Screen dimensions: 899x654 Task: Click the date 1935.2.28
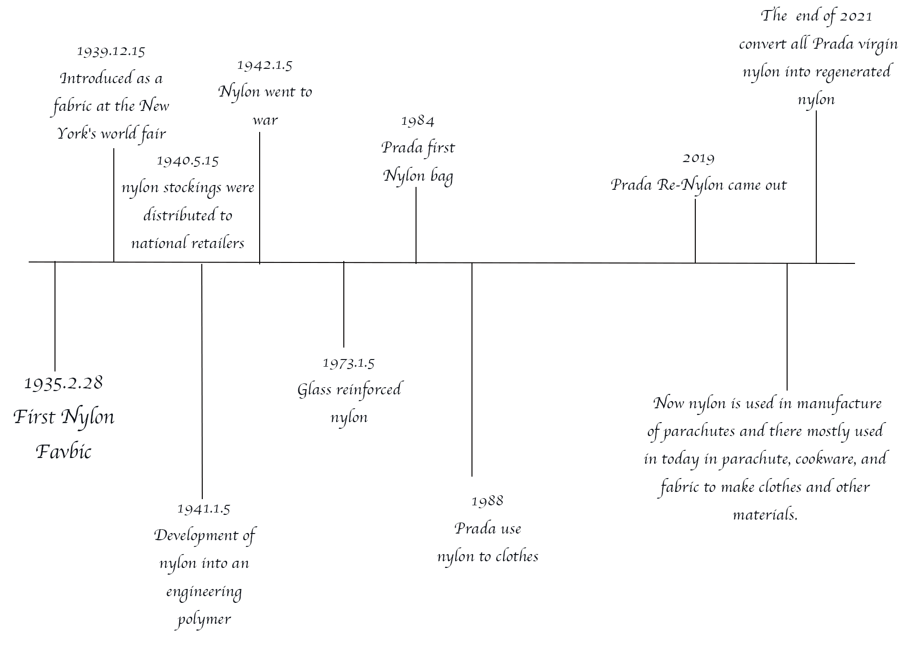(64, 383)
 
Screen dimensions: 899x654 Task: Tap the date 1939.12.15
(111, 51)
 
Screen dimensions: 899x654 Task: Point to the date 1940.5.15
(188, 161)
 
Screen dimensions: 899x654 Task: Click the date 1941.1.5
(204, 509)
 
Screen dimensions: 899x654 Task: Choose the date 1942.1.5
(264, 65)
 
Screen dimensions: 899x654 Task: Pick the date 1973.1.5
(349, 363)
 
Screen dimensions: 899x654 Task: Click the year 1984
(417, 121)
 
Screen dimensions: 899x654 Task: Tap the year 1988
(487, 501)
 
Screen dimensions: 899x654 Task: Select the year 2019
(698, 158)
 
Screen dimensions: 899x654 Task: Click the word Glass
(315, 390)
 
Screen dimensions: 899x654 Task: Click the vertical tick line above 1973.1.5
(344, 304)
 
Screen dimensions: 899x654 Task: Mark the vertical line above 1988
(472, 370)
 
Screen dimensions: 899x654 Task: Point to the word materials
(765, 515)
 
